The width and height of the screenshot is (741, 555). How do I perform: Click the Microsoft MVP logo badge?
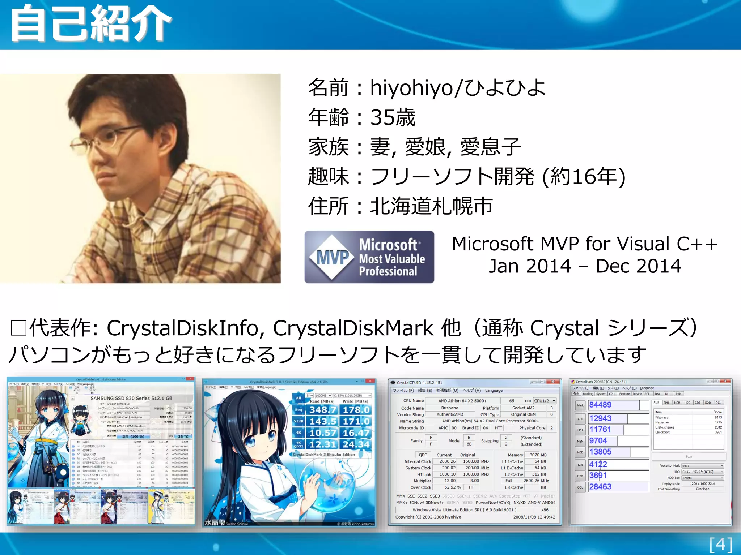coord(369,257)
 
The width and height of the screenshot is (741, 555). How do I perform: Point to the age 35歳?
coord(393,117)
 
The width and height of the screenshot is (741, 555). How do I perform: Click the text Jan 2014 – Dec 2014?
coord(585,266)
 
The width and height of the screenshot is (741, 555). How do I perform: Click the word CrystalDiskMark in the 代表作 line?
coord(353,328)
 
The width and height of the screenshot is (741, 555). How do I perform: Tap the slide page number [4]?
coord(721,544)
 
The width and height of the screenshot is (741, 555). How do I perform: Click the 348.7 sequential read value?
coord(323,410)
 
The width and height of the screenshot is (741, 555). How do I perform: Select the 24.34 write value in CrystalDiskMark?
coord(356,444)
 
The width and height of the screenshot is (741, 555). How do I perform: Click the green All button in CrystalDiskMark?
coord(298,398)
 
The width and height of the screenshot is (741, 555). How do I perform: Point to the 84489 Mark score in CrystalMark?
coord(601,405)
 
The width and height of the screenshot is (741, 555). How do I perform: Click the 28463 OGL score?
coord(601,487)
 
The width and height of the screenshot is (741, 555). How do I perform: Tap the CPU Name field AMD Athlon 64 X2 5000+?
coord(462,401)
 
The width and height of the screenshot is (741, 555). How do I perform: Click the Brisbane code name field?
coord(450,408)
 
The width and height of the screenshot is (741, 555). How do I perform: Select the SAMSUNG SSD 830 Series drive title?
coord(131,398)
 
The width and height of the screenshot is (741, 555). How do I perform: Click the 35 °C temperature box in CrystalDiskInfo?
coord(183,436)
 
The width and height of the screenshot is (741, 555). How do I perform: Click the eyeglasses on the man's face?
coord(109,137)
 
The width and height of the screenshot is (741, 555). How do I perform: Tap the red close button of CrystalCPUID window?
coord(553,382)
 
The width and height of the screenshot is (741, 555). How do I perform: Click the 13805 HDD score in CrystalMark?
coord(601,452)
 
